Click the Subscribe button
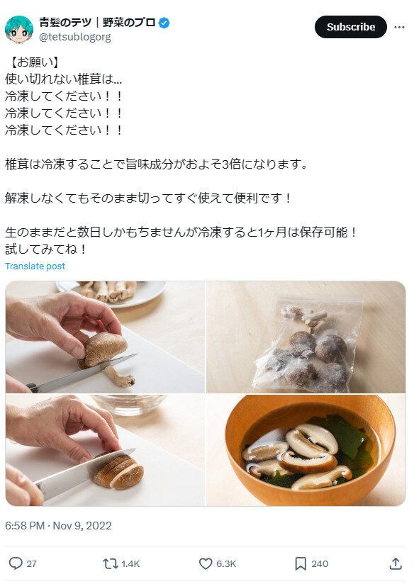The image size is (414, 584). pos(350,27)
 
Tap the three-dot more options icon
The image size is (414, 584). pos(398,27)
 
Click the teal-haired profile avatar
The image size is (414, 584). pos(18,29)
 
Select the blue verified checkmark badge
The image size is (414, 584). pos(164,23)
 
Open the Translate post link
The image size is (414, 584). pos(35,266)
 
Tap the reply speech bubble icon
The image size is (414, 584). pos(15,563)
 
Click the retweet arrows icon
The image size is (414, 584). pos(110,563)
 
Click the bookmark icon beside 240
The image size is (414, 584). pos(300,563)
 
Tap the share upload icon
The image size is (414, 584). pos(396,563)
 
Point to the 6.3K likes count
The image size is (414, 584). pos(226,563)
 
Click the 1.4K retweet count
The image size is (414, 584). pos(130,563)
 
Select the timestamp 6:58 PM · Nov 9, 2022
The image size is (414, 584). pos(58,525)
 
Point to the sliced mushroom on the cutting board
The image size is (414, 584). pos(118,471)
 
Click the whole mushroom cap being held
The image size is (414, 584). pos(103,349)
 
